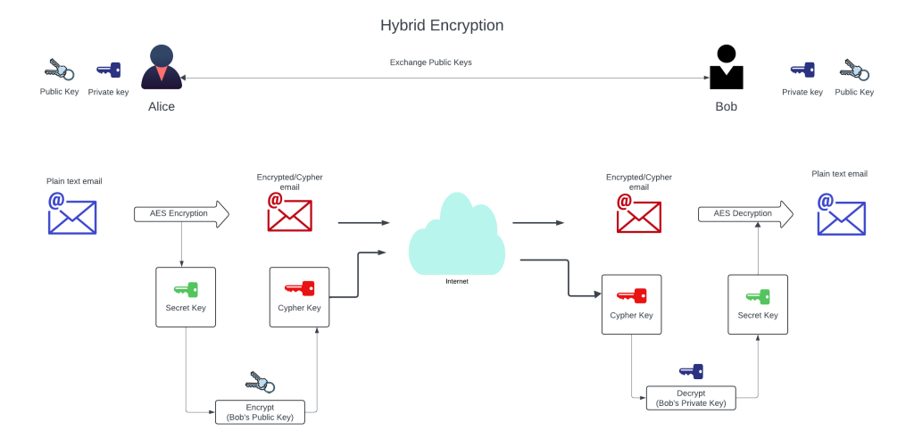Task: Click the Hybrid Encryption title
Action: point(442,25)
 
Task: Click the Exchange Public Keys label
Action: point(430,62)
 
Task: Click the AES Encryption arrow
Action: point(181,214)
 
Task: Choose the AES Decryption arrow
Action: point(744,214)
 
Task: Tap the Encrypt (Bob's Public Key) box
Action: point(260,411)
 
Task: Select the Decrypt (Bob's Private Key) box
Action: point(691,398)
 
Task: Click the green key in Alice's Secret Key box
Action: point(186,289)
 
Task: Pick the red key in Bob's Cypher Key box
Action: point(632,295)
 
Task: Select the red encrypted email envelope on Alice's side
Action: point(289,212)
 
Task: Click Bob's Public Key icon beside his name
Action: point(854,70)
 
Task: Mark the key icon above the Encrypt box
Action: point(260,382)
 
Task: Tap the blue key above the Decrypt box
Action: point(691,370)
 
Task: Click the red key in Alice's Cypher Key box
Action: point(300,288)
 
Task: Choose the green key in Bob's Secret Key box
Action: point(758,295)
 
